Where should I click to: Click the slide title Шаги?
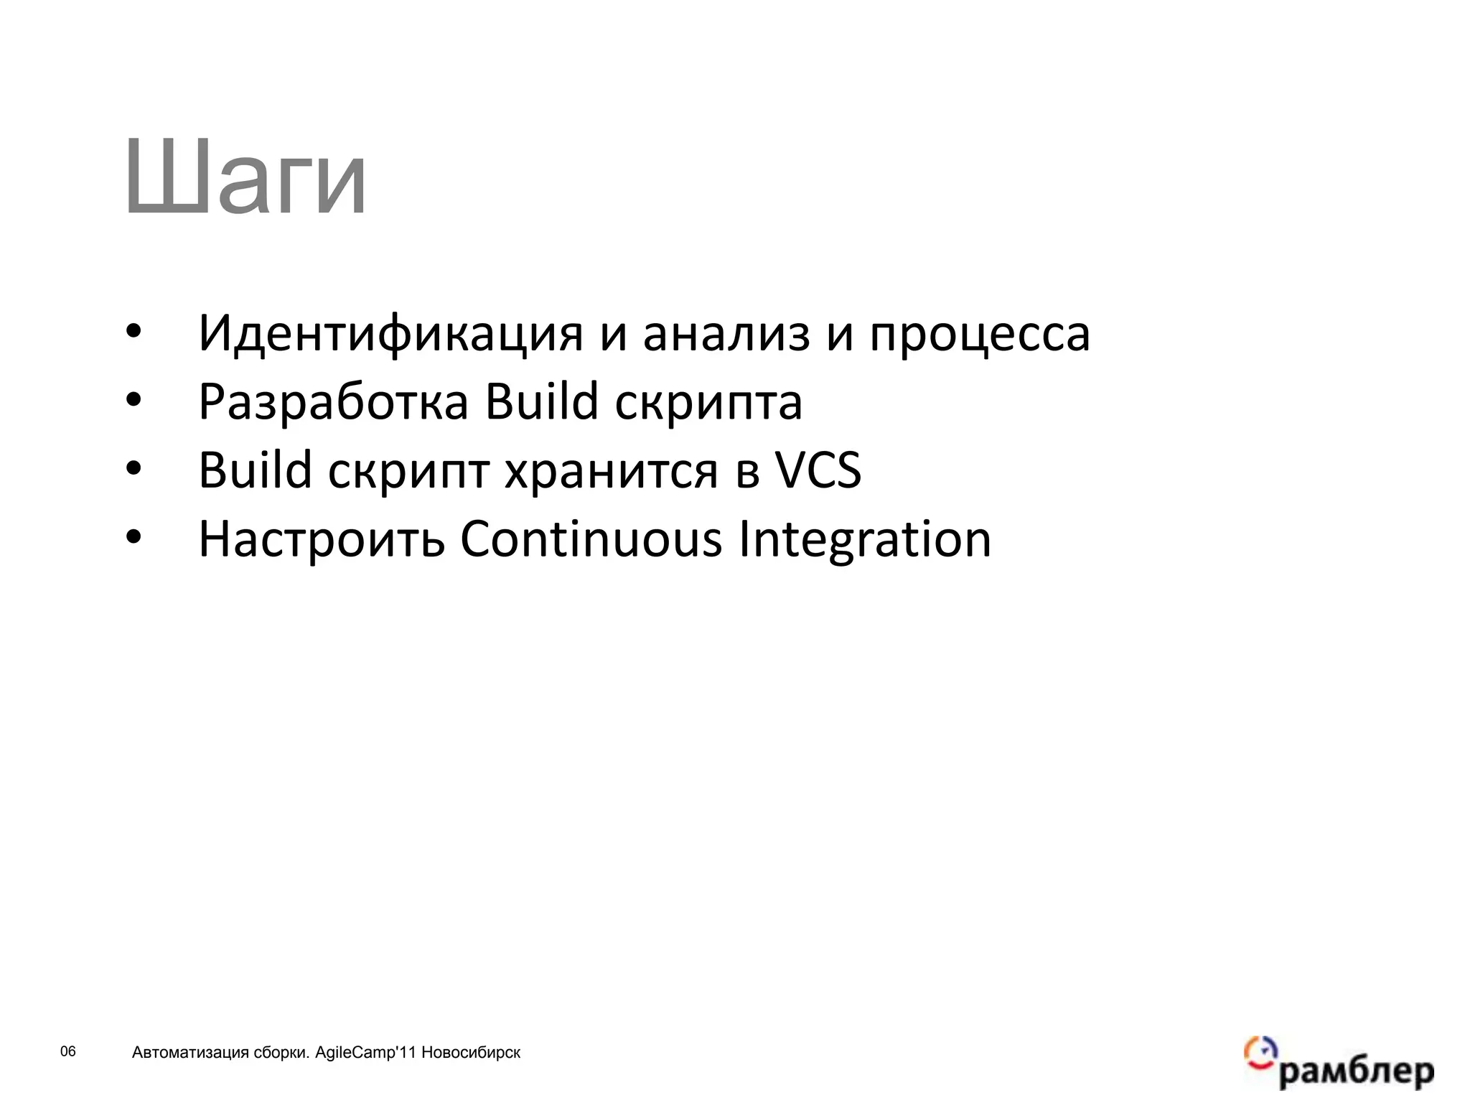[x=245, y=177]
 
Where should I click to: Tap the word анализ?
[x=726, y=335]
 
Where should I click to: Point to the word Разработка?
[x=333, y=403]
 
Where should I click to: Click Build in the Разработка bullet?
[x=541, y=401]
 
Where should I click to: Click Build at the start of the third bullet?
[x=255, y=470]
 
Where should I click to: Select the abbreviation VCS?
[x=818, y=470]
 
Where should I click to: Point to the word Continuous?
[x=591, y=539]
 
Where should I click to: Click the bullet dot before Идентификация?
[x=134, y=334]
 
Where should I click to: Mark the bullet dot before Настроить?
[x=134, y=539]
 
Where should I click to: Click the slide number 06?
[x=67, y=1052]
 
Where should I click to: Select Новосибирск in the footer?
[x=471, y=1053]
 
